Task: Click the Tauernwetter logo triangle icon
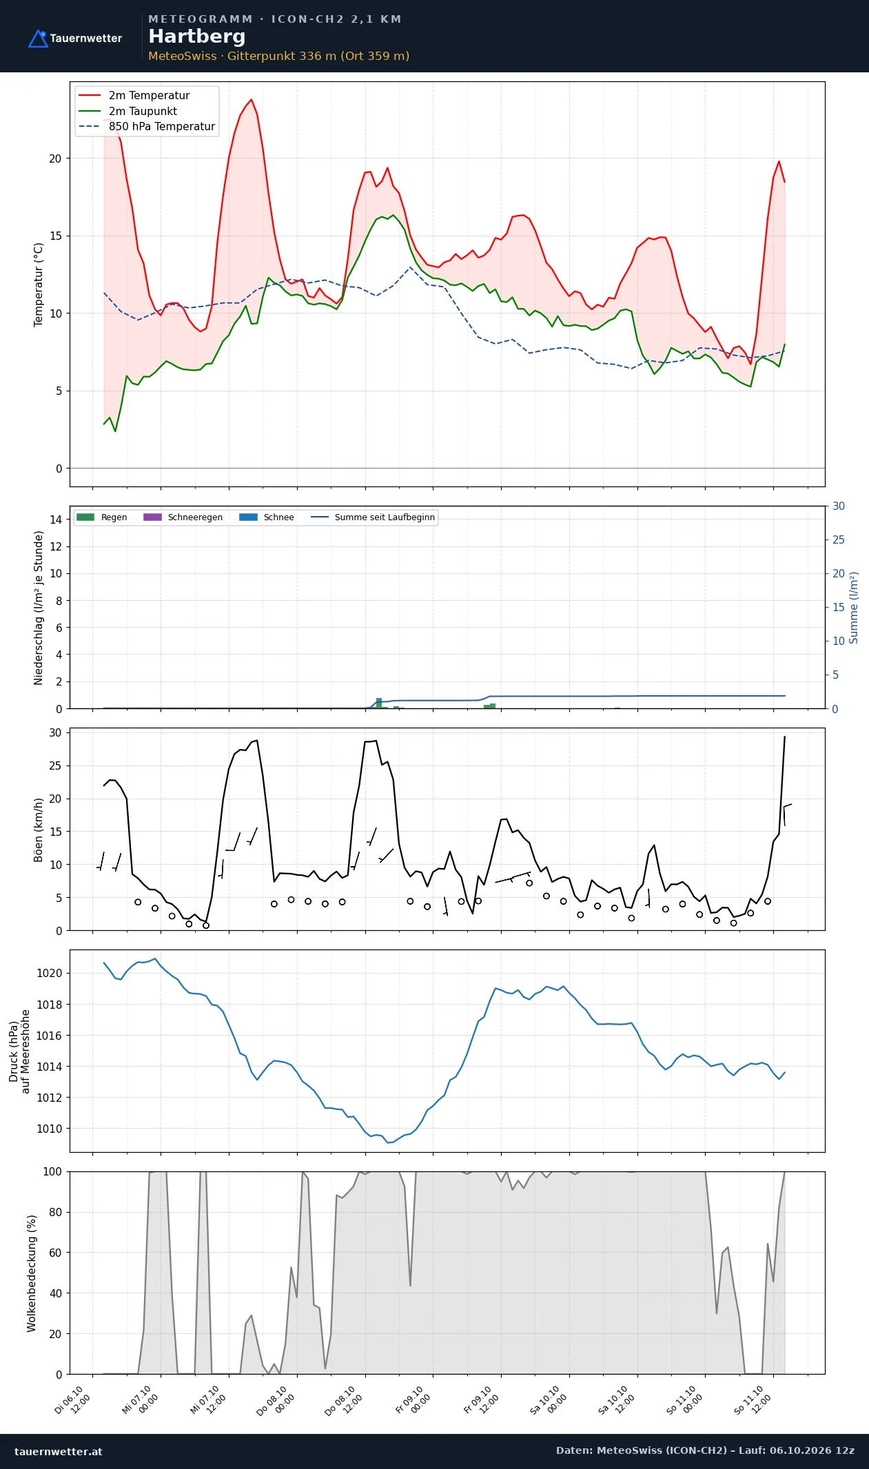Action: (x=38, y=39)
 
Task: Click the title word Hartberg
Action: (x=197, y=37)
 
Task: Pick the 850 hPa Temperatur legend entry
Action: (x=147, y=127)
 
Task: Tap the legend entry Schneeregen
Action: (x=183, y=517)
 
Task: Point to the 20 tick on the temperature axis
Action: (x=55, y=158)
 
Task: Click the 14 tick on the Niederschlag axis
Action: (x=55, y=520)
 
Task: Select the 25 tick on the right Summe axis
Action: (x=839, y=540)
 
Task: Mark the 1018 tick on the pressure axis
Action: (x=49, y=1005)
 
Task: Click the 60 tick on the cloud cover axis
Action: (x=55, y=1253)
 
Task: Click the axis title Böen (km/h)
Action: (x=39, y=830)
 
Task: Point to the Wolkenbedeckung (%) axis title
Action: (x=32, y=1273)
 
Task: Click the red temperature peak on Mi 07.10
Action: (x=252, y=99)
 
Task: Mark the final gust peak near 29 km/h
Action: (x=784, y=737)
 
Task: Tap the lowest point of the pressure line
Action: (x=388, y=1143)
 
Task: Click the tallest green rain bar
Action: (x=379, y=703)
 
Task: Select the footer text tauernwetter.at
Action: (x=59, y=1451)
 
